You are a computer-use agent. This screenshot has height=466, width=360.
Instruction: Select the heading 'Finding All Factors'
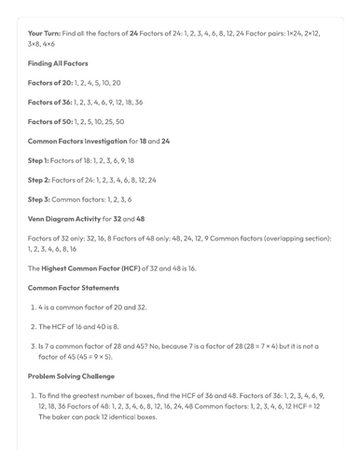[x=58, y=63]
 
